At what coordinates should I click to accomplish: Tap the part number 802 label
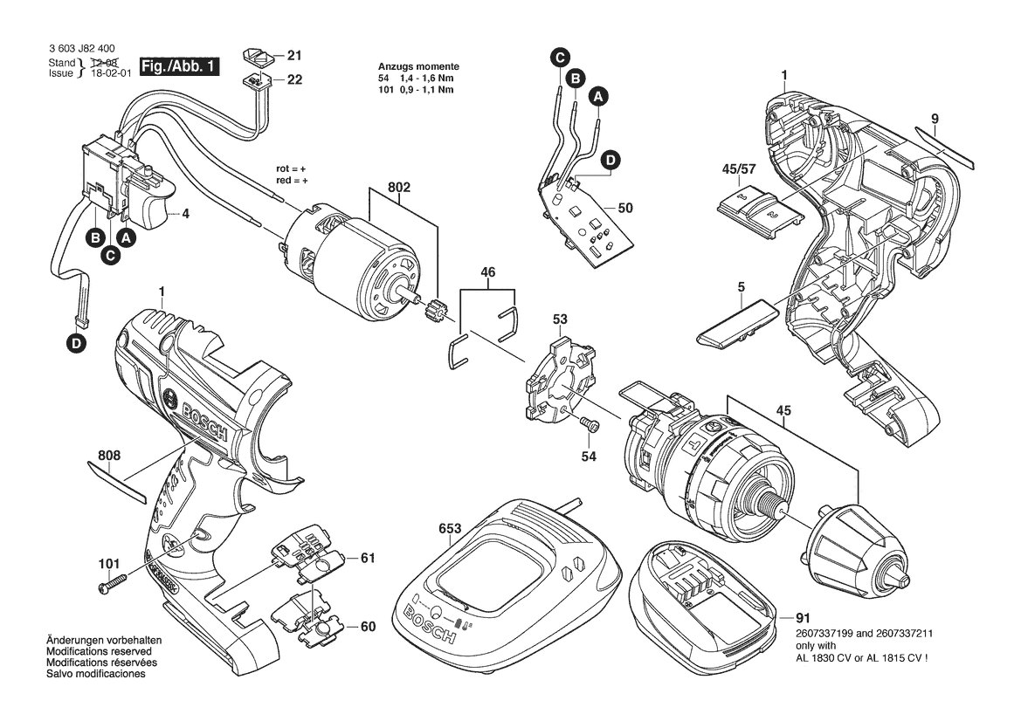400,188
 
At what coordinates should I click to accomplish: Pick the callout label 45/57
745,168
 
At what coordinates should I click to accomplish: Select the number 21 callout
294,56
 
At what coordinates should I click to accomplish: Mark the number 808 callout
109,456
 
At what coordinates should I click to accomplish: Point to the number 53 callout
560,319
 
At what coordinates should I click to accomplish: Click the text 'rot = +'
293,168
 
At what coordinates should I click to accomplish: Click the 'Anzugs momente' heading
418,67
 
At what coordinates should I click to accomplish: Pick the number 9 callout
935,118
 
